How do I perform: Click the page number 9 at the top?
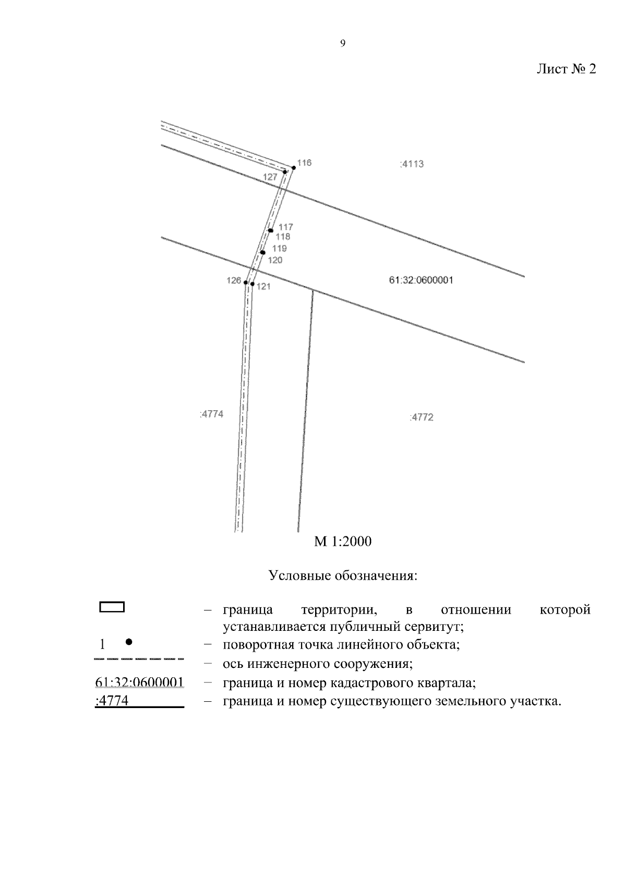pyautogui.click(x=343, y=44)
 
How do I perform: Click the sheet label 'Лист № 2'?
pyautogui.click(x=566, y=69)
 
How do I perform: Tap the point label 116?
pyautogui.click(x=305, y=163)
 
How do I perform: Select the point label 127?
pyautogui.click(x=270, y=177)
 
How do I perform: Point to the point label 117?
pyautogui.click(x=286, y=227)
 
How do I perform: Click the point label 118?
pyautogui.click(x=283, y=237)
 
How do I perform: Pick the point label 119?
pyautogui.click(x=280, y=248)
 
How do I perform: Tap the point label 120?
pyautogui.click(x=275, y=260)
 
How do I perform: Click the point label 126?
pyautogui.click(x=234, y=281)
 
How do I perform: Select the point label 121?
pyautogui.click(x=263, y=286)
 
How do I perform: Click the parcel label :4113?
pyautogui.click(x=412, y=164)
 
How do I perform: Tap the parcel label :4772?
pyautogui.click(x=422, y=417)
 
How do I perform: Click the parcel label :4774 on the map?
pyautogui.click(x=211, y=414)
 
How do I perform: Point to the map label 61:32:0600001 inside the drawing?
pyautogui.click(x=421, y=280)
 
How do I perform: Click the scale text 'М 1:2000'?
pyautogui.click(x=343, y=542)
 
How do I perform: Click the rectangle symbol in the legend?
pyautogui.click(x=112, y=607)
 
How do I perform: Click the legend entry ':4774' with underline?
pyautogui.click(x=112, y=701)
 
